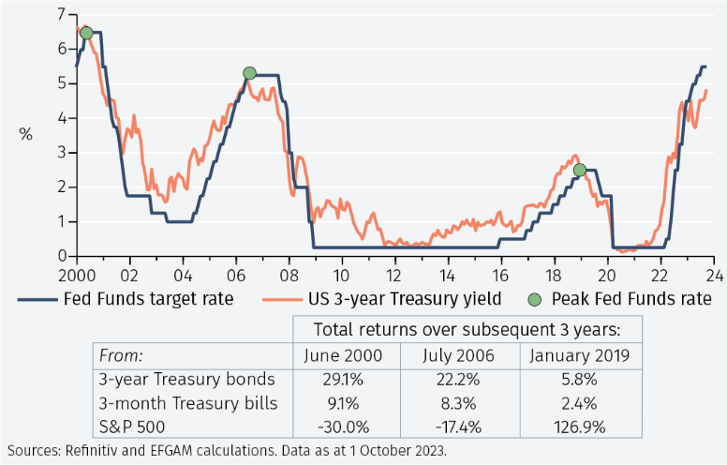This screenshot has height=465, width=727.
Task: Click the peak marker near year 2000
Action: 86,33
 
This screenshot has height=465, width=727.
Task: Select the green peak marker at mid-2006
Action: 249,73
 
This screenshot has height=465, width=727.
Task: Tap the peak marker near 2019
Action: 579,170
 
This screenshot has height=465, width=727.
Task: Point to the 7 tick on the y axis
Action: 61,14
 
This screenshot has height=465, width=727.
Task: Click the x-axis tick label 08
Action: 288,276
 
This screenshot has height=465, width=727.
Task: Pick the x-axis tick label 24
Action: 714,276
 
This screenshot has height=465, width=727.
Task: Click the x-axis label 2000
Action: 74,276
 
